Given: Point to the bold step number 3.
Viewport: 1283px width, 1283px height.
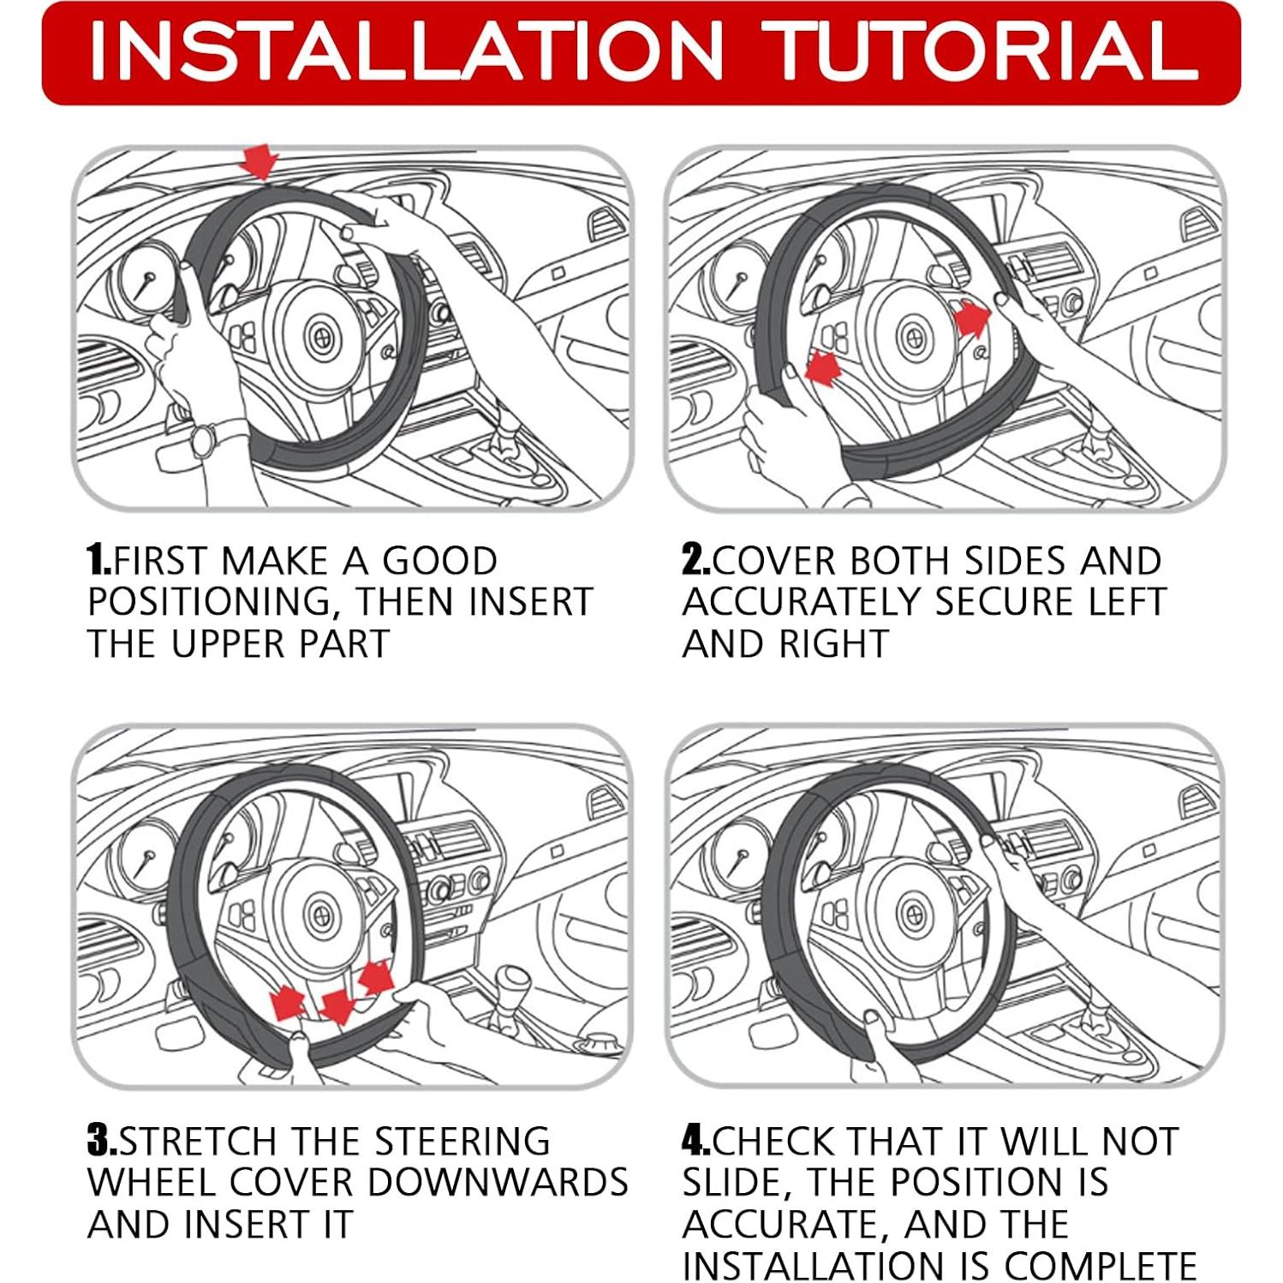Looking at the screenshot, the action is (x=102, y=1142).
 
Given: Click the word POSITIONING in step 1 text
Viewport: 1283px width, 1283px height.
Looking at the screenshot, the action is (x=210, y=603).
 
